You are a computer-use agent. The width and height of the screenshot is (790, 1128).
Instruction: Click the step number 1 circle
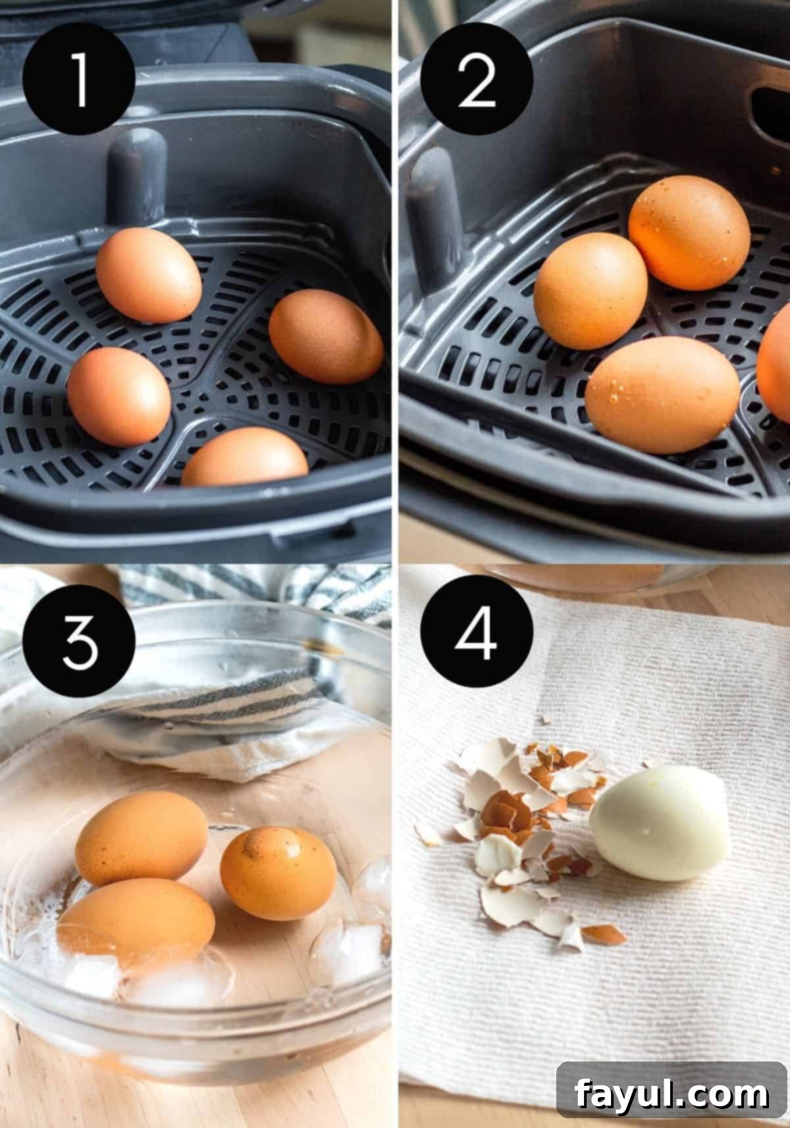pyautogui.click(x=79, y=80)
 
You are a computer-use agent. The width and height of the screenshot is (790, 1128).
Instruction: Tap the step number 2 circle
pyautogui.click(x=477, y=80)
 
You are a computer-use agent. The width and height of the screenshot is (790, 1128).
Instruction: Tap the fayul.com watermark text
pyautogui.click(x=671, y=1093)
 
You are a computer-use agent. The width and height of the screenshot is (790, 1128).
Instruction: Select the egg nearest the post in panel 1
pyautogui.click(x=149, y=274)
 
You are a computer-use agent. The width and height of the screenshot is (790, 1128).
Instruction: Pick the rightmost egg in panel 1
pyautogui.click(x=326, y=336)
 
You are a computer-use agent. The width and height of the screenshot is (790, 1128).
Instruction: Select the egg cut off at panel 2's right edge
pyautogui.click(x=775, y=369)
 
